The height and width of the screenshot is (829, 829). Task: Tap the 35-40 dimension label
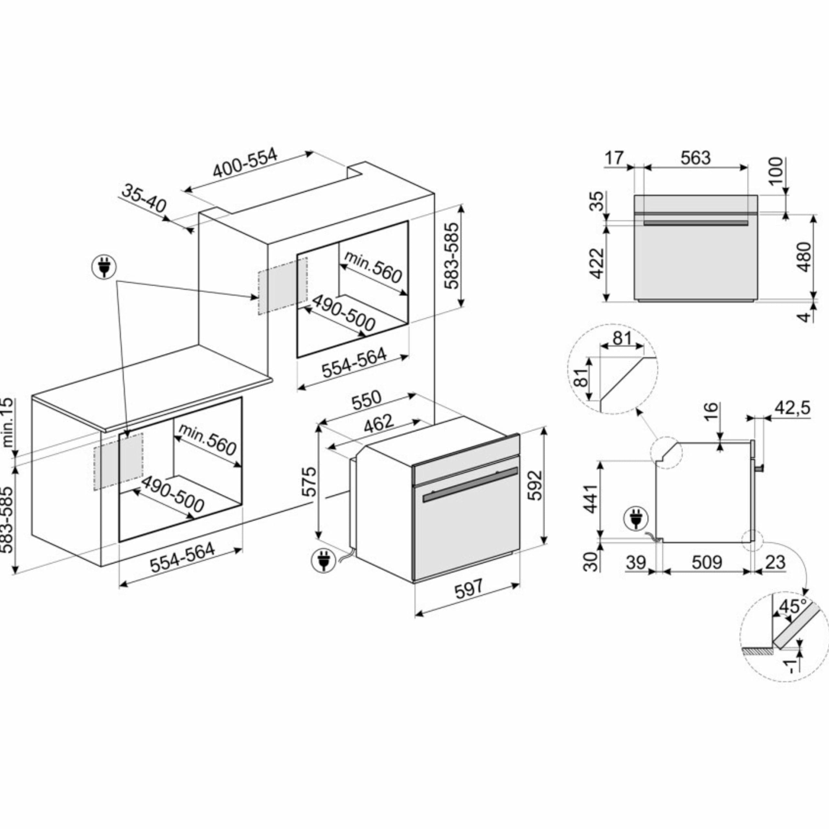(144, 198)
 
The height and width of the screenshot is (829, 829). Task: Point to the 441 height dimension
(592, 499)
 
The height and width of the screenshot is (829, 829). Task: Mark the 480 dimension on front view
(804, 257)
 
